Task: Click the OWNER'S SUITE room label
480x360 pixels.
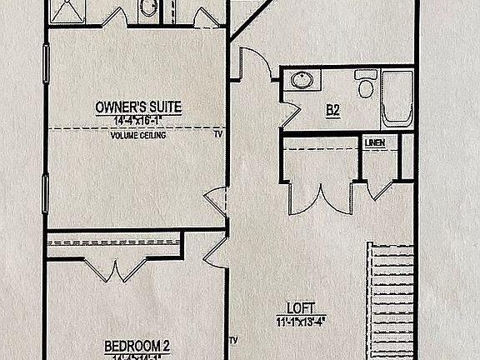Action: [138, 107]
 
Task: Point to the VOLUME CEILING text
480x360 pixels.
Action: [138, 135]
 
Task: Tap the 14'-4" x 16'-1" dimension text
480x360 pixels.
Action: [138, 121]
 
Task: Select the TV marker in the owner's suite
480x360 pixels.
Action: [218, 133]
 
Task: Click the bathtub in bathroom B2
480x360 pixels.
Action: [398, 97]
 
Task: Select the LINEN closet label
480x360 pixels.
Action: [375, 143]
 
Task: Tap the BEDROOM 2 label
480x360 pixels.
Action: [138, 344]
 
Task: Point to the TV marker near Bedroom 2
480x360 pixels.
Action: [234, 340]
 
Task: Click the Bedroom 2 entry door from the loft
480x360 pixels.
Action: [215, 252]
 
